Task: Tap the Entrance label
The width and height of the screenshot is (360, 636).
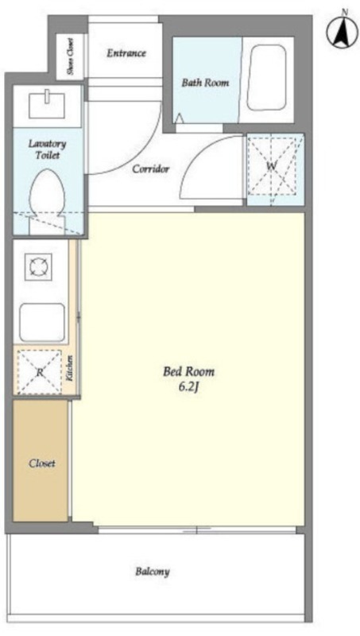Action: pyautogui.click(x=126, y=53)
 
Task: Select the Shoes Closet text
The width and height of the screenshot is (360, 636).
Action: pyautogui.click(x=71, y=56)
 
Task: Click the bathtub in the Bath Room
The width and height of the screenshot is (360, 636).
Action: pyautogui.click(x=267, y=77)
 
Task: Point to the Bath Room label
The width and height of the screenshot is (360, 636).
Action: pyautogui.click(x=205, y=83)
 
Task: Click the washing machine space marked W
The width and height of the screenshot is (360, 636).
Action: pyautogui.click(x=275, y=168)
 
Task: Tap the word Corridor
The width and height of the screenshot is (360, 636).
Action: pyautogui.click(x=151, y=169)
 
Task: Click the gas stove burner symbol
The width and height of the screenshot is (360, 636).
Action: pyautogui.click(x=38, y=266)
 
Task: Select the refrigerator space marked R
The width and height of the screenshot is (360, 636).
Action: pyautogui.click(x=39, y=372)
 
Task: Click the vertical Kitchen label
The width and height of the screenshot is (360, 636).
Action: pyautogui.click(x=70, y=367)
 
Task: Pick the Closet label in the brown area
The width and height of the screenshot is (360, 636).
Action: pyautogui.click(x=42, y=463)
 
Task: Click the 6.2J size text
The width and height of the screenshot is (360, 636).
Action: pyautogui.click(x=188, y=387)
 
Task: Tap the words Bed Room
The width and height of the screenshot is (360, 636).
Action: pyautogui.click(x=188, y=371)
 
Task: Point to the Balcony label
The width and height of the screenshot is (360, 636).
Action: pyautogui.click(x=153, y=572)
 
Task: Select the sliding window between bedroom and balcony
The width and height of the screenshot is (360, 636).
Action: pyautogui.click(x=197, y=529)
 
